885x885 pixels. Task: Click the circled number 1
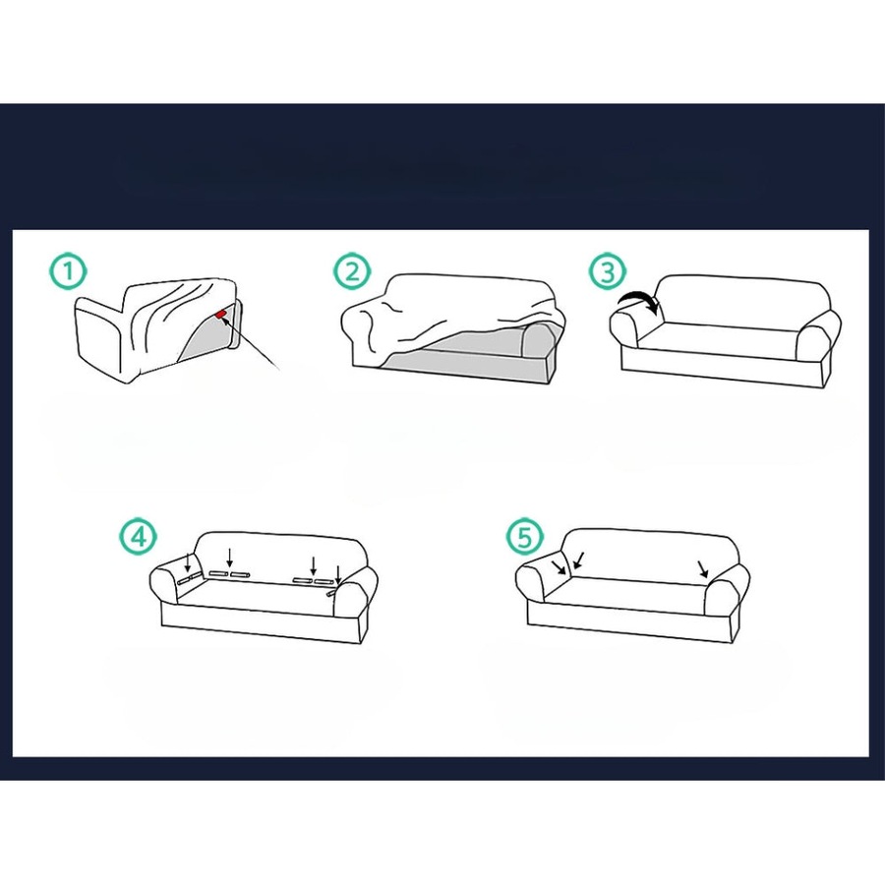pos(68,272)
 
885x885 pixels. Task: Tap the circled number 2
pos(351,272)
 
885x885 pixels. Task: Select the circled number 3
pos(607,272)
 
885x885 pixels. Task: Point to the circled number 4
pos(139,536)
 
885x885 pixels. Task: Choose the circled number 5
pos(524,536)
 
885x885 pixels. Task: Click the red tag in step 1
pos(223,316)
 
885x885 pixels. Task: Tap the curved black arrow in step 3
pos(637,302)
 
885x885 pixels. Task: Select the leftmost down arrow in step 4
pos(188,563)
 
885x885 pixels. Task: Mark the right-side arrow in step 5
pos(702,568)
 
